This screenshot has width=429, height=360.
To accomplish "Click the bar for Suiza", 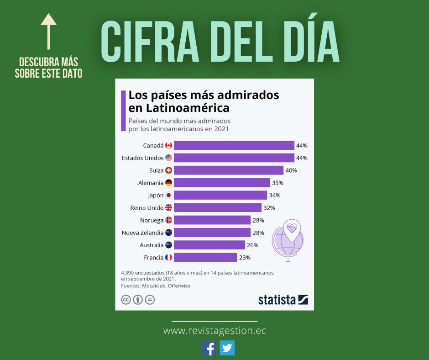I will (228, 170).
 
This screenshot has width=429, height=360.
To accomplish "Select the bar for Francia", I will (205, 258).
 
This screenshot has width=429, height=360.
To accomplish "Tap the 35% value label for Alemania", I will (277, 183).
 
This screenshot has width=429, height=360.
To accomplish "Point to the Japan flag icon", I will (168, 196).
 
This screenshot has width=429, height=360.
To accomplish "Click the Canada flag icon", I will (168, 145).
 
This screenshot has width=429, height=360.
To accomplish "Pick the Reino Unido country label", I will (146, 208).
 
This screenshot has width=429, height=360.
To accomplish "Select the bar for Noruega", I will (212, 220).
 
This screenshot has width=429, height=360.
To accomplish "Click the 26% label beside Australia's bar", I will (252, 245).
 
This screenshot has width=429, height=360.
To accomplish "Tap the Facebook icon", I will (209, 348).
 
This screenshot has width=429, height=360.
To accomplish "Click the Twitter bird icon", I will (227, 348).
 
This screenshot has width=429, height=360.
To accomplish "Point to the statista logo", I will (283, 300).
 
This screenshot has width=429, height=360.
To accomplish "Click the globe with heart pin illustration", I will (288, 239).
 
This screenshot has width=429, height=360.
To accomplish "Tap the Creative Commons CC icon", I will (126, 300).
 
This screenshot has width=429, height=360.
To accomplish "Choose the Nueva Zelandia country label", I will (142, 233).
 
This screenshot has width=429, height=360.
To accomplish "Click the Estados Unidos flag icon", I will (168, 158).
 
